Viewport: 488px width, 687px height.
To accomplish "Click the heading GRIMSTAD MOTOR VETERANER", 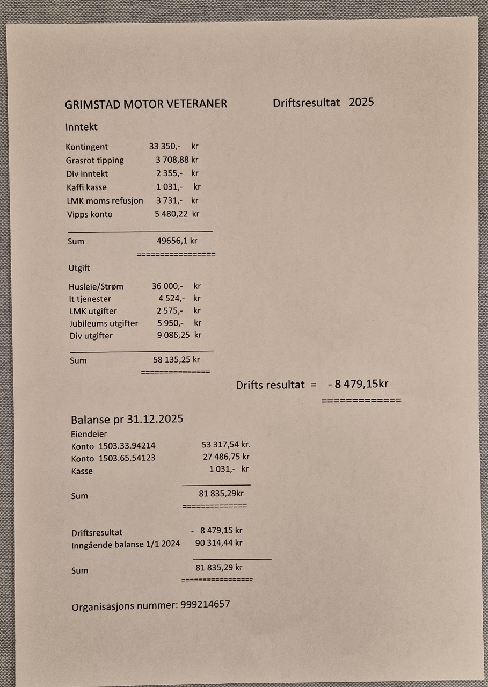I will coord(145,104).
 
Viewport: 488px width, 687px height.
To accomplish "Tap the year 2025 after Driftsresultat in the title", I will coord(361,102).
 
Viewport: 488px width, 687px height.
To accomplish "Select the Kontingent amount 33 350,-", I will coord(165,146).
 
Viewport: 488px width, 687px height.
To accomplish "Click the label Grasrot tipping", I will coord(94,160).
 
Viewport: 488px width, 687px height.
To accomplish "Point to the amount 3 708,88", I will coord(172,160).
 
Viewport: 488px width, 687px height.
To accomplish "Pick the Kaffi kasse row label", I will coord(86,187).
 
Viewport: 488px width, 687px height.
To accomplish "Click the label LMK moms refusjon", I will coord(104,201).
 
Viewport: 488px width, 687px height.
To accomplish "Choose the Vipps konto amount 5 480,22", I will coord(172,214).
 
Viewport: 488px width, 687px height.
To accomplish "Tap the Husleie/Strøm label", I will coord(96,286).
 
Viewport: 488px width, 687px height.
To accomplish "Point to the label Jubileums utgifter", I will coord(104,323).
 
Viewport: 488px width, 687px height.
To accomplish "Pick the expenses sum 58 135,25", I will coord(172,360).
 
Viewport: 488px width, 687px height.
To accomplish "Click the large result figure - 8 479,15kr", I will coord(358,385).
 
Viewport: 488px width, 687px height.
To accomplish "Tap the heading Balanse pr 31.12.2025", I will coord(127,420).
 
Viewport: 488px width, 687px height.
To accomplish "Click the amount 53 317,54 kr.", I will coord(225,445).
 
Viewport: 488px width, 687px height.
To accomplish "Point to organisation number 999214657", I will coord(205,604).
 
